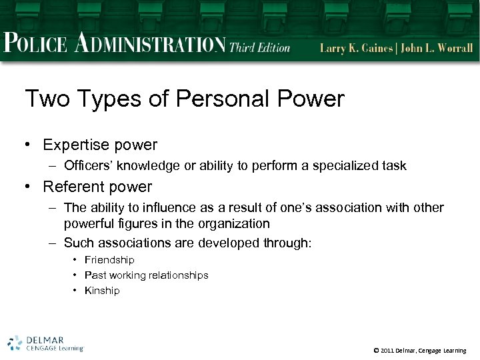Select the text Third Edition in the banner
point(260,47)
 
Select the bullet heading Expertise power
point(100,145)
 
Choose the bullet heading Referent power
point(97,187)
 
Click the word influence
point(163,208)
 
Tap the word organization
point(235,223)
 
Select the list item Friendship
point(109,260)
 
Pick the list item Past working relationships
point(146,275)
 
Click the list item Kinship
point(102,291)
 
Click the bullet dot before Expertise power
point(30,145)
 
